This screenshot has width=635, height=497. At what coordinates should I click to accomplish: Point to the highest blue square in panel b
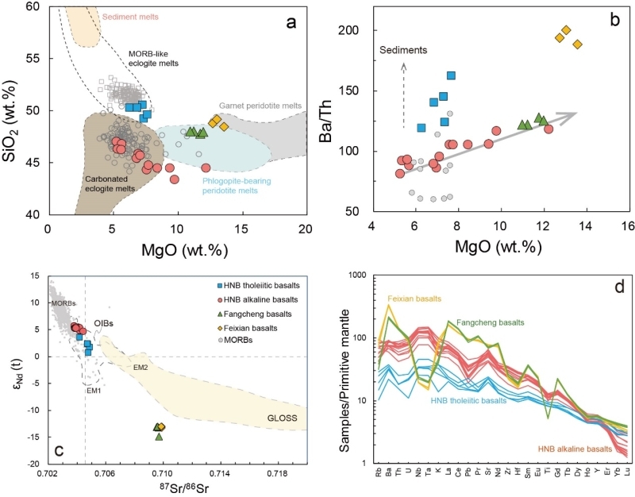(451, 75)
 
